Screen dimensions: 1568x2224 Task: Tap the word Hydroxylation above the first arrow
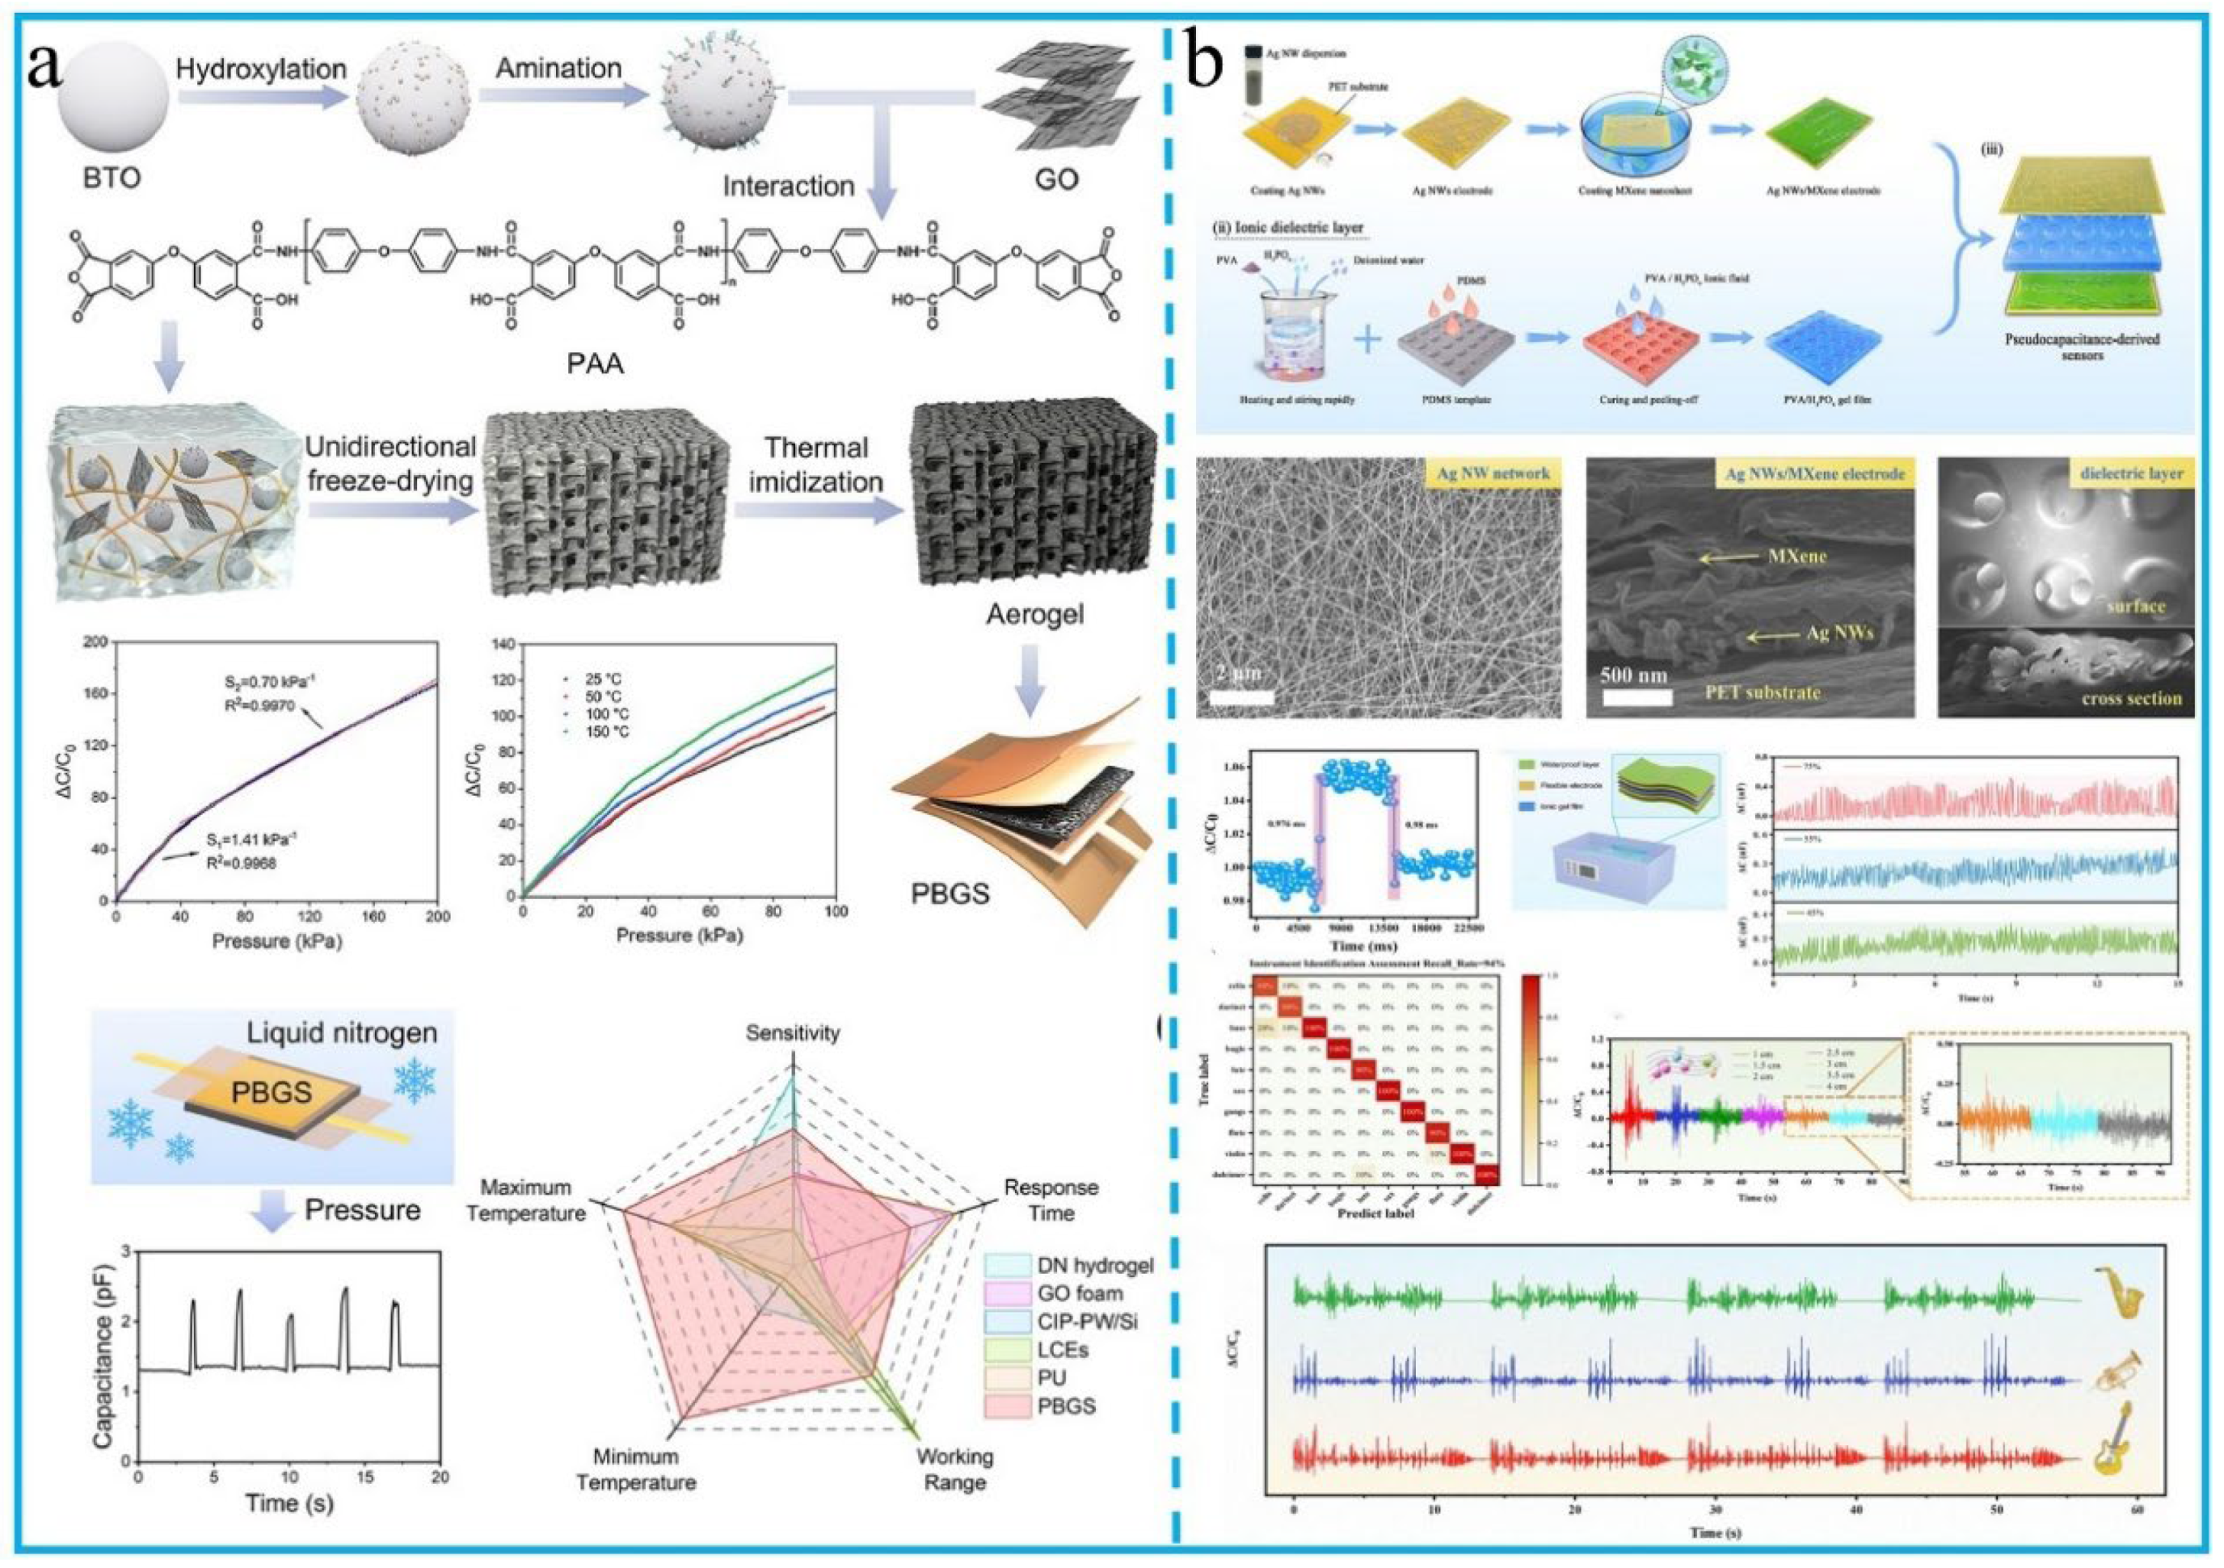(262, 69)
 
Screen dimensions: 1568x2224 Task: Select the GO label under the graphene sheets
(1055, 179)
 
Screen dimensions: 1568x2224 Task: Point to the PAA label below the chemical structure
(596, 365)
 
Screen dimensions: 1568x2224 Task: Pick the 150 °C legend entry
(606, 731)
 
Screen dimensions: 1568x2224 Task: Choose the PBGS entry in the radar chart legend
(1064, 1406)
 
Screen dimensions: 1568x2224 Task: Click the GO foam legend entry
(1079, 1293)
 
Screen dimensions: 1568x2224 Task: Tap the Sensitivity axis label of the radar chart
(792, 1033)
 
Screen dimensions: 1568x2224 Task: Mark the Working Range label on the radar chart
(954, 1469)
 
